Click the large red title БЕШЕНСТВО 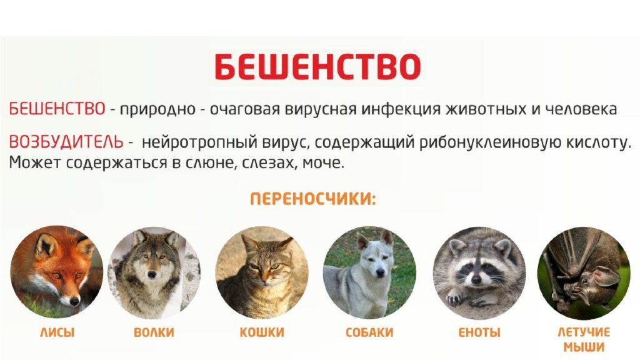pos(317,66)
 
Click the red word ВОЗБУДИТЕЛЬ pos(66,142)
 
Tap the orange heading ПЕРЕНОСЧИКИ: pos(312,199)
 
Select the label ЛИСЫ pos(57,332)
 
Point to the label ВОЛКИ pos(154,332)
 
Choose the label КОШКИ pos(262,332)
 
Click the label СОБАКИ pos(369,332)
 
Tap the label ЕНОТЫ pos(479,332)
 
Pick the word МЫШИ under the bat pos(584,347)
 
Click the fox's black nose pos(75,301)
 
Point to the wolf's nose pos(152,275)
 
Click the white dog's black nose pos(380,272)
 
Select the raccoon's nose pos(476,279)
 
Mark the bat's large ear pos(606,276)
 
